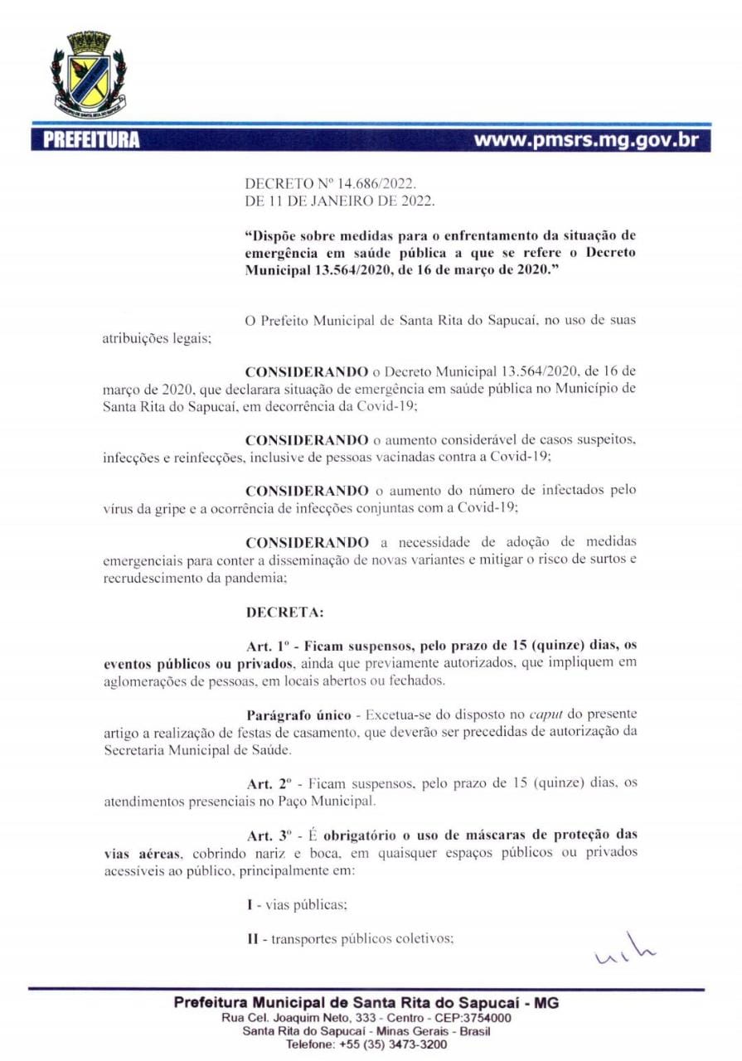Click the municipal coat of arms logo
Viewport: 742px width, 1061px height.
coord(89,73)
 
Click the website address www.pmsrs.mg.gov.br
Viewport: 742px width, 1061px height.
coord(586,139)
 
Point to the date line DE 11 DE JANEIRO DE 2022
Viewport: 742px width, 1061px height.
coord(340,201)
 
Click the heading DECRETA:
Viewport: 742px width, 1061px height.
coord(285,613)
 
